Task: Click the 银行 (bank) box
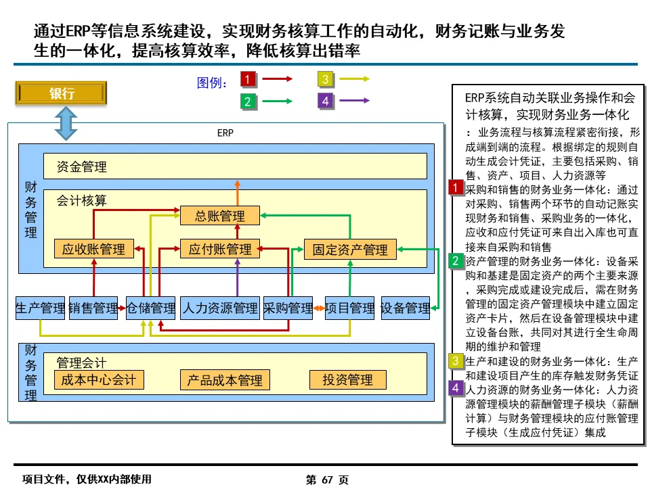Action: tap(62, 94)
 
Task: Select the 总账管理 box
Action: tap(220, 216)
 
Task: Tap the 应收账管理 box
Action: tap(93, 249)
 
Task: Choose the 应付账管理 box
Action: tap(220, 249)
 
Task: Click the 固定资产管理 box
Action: tap(350, 250)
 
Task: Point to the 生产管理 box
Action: tap(40, 308)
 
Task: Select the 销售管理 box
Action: tap(93, 308)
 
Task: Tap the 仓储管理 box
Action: tap(151, 308)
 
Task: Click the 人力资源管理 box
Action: tap(220, 308)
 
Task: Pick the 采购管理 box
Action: tap(288, 308)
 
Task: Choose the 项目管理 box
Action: tap(350, 308)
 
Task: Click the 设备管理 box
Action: tap(406, 308)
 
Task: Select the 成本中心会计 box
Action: tap(98, 379)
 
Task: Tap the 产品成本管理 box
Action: tap(225, 380)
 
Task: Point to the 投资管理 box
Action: tap(347, 380)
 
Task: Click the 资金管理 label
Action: tap(82, 166)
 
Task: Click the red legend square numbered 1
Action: tap(248, 80)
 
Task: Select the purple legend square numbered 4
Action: tap(326, 101)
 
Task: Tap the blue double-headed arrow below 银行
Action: tap(66, 124)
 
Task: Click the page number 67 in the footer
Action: tap(328, 480)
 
